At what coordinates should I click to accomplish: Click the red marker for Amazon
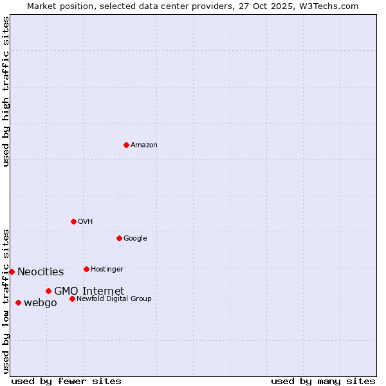click(126, 145)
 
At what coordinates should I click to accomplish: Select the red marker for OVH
click(73, 221)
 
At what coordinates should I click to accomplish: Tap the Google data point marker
click(119, 238)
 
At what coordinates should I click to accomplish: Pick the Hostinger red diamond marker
click(86, 269)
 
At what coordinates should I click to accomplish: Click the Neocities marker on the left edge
click(12, 271)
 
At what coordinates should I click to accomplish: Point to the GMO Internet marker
click(48, 291)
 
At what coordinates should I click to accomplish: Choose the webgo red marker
click(18, 302)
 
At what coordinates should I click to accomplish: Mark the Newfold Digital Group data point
click(72, 299)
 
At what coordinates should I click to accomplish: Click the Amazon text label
click(144, 145)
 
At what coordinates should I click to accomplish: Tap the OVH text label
click(86, 222)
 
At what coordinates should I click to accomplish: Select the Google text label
click(135, 239)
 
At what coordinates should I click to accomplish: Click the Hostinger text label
click(107, 269)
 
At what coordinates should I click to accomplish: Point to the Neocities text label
click(41, 272)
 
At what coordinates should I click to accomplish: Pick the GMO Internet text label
click(89, 291)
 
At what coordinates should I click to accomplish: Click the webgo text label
click(41, 303)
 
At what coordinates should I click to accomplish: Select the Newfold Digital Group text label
click(114, 299)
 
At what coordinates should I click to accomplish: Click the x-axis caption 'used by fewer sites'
click(66, 381)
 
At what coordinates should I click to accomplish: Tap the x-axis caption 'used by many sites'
click(323, 381)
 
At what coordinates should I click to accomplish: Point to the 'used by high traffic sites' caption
click(6, 91)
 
